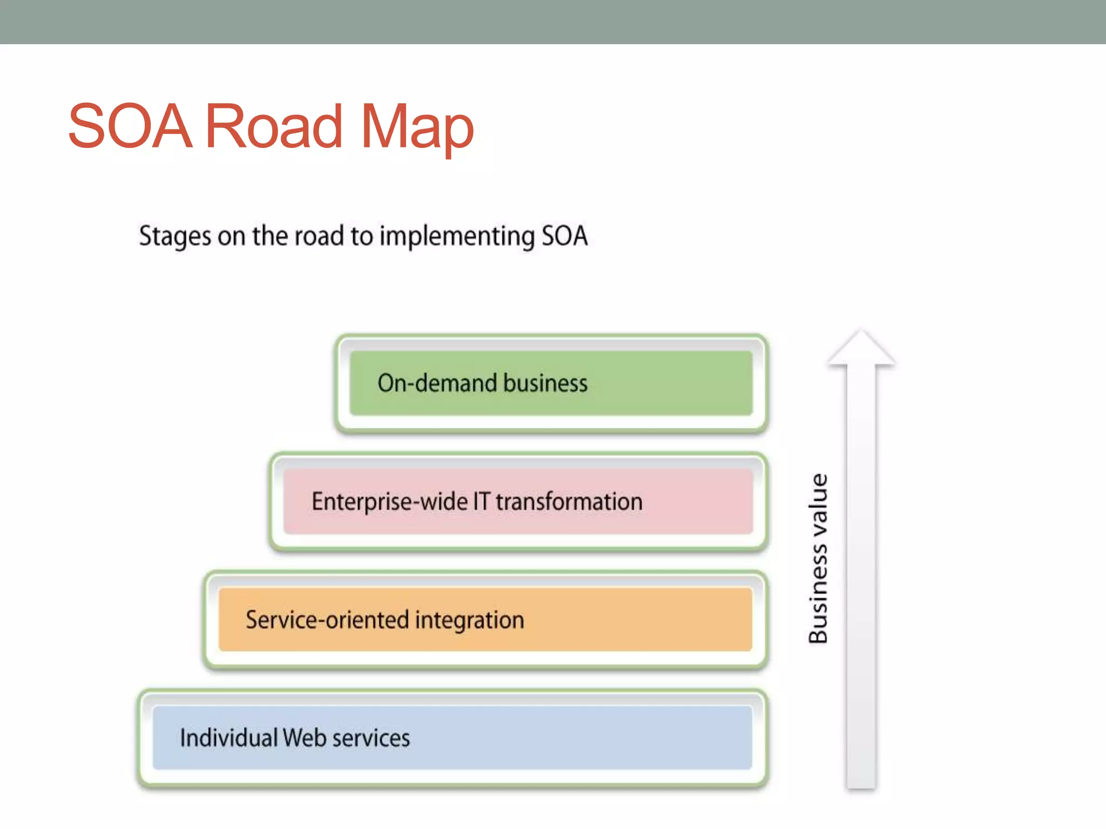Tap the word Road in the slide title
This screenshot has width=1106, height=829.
point(274,126)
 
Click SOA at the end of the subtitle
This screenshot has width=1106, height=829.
point(564,236)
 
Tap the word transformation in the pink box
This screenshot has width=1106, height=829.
point(569,502)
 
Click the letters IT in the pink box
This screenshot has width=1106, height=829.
point(482,501)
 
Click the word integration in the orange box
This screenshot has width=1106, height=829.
point(469,620)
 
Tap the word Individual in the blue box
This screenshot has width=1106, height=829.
point(228,738)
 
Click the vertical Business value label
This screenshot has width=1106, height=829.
point(818,559)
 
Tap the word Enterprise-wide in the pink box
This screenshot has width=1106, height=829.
point(389,502)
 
